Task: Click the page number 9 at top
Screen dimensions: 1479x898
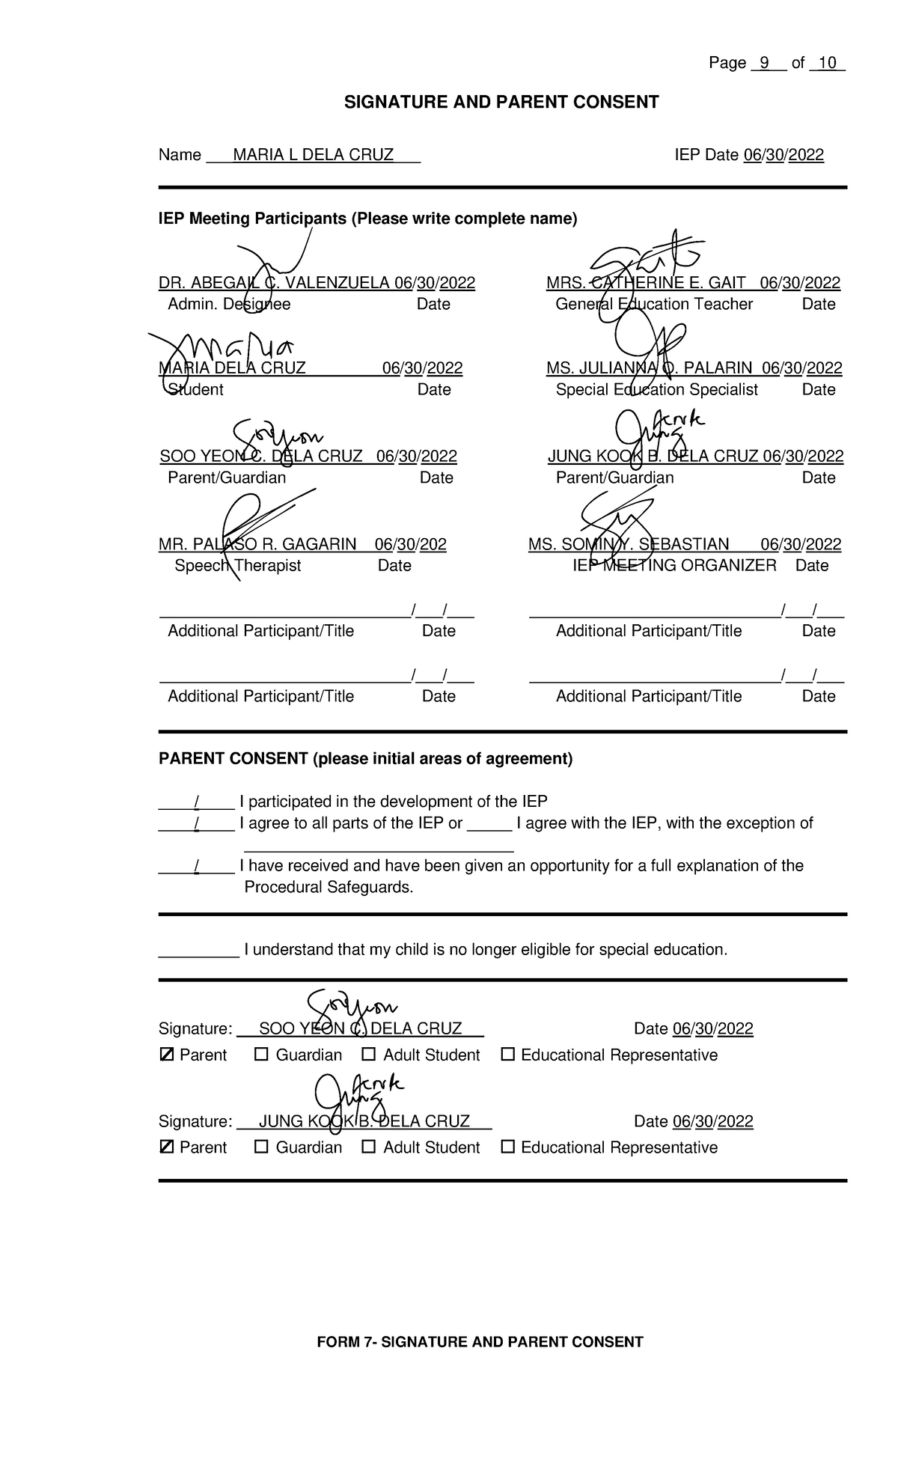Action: [764, 64]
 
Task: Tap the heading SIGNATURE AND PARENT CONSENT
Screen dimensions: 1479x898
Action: [501, 103]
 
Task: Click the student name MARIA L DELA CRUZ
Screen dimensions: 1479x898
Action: [313, 155]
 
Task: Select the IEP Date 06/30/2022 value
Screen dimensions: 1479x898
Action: [783, 155]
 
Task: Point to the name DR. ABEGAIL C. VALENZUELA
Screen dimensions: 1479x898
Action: [274, 283]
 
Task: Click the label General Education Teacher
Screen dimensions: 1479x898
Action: [653, 304]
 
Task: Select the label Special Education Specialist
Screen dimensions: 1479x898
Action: [656, 389]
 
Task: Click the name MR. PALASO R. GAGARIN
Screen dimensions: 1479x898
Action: [257, 544]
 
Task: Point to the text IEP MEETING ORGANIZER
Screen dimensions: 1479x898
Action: [674, 565]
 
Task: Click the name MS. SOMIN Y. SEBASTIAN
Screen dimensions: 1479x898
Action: [628, 544]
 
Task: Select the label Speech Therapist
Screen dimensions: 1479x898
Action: [237, 565]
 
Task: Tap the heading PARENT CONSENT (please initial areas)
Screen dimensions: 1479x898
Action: [364, 759]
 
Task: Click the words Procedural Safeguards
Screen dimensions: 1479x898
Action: [329, 887]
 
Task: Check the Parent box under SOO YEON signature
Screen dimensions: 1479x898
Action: [166, 1055]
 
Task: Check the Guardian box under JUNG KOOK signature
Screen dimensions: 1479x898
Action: [261, 1147]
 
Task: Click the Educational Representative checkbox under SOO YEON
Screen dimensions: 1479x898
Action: [507, 1055]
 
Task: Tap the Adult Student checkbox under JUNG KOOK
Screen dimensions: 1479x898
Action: [368, 1147]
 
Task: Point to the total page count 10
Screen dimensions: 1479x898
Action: [827, 64]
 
